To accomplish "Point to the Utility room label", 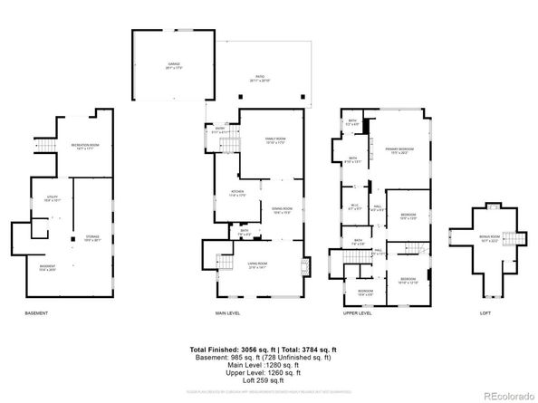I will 53,198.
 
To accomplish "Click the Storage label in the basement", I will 93,238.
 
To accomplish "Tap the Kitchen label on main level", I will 237,194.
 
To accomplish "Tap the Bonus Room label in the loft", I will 490,239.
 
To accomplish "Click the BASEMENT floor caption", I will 36,313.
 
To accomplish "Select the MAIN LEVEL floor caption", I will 227,313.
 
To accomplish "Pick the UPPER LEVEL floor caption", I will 358,313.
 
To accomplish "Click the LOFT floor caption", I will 485,313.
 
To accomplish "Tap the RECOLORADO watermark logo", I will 506,394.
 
